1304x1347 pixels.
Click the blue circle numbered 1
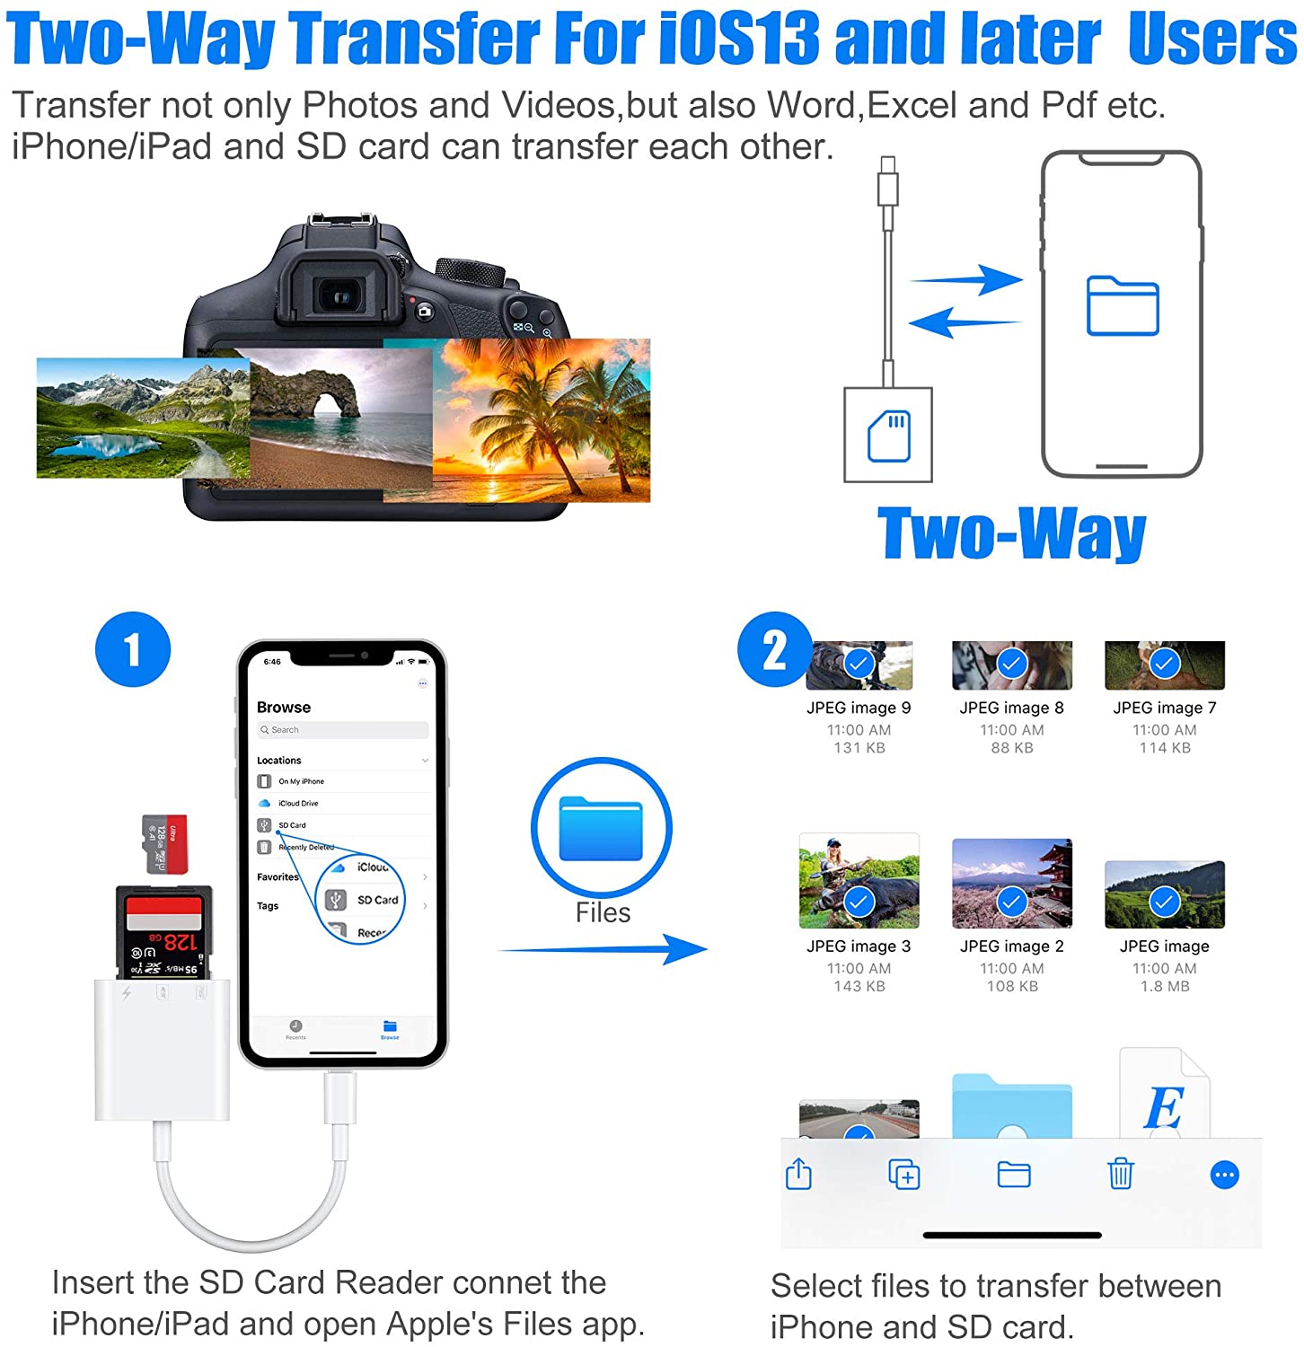click(x=133, y=649)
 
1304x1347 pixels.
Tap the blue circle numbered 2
click(x=773, y=649)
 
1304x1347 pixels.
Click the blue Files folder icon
click(x=601, y=828)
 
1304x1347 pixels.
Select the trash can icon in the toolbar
click(x=1120, y=1174)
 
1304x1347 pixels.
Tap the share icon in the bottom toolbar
click(x=798, y=1174)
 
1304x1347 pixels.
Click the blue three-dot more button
click(x=1224, y=1175)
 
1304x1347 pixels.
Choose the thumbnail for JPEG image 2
click(x=1012, y=883)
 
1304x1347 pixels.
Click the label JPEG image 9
click(x=859, y=708)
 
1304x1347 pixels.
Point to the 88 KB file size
click(x=1012, y=748)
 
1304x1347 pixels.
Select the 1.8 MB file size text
click(x=1165, y=986)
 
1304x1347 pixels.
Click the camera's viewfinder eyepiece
click(x=339, y=295)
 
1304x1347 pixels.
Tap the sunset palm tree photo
click(x=542, y=420)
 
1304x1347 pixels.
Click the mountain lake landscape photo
click(x=142, y=418)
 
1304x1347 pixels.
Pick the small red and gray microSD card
click(x=166, y=844)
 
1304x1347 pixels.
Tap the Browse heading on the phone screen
click(x=284, y=707)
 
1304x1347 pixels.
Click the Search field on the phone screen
click(x=341, y=730)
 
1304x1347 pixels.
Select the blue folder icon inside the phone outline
click(x=1123, y=306)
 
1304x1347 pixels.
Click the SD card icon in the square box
click(x=888, y=436)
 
